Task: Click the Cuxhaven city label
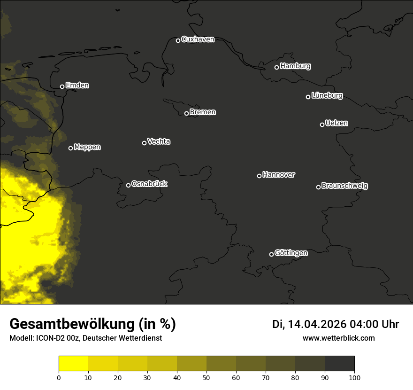198,39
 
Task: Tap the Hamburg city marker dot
277,67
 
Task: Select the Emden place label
77,86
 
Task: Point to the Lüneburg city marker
308,97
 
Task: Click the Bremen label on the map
203,112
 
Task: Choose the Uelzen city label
337,123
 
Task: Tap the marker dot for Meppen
71,148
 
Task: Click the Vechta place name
159,141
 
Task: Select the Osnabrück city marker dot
129,185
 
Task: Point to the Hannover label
279,175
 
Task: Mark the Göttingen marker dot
271,254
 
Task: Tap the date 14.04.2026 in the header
317,324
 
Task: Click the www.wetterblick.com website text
339,338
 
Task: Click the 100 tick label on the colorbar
354,377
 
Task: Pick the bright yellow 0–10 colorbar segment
74,364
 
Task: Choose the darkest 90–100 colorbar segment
339,364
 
